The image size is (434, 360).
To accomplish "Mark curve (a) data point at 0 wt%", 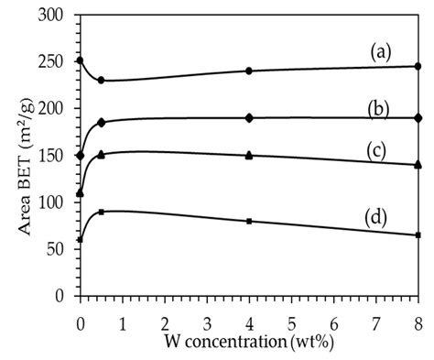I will [x=81, y=60].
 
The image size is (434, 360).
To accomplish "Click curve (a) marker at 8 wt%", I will [x=418, y=66].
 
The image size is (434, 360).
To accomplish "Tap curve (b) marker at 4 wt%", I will [x=249, y=117].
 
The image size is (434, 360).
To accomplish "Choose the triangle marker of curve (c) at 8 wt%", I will [x=418, y=164].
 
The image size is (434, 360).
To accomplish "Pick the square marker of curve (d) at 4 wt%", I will [x=249, y=221].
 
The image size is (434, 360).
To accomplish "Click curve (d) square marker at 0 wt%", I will [x=81, y=240].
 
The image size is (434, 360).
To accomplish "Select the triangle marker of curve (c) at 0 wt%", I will [x=81, y=192].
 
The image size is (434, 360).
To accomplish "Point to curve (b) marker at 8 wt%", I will [x=418, y=117].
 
